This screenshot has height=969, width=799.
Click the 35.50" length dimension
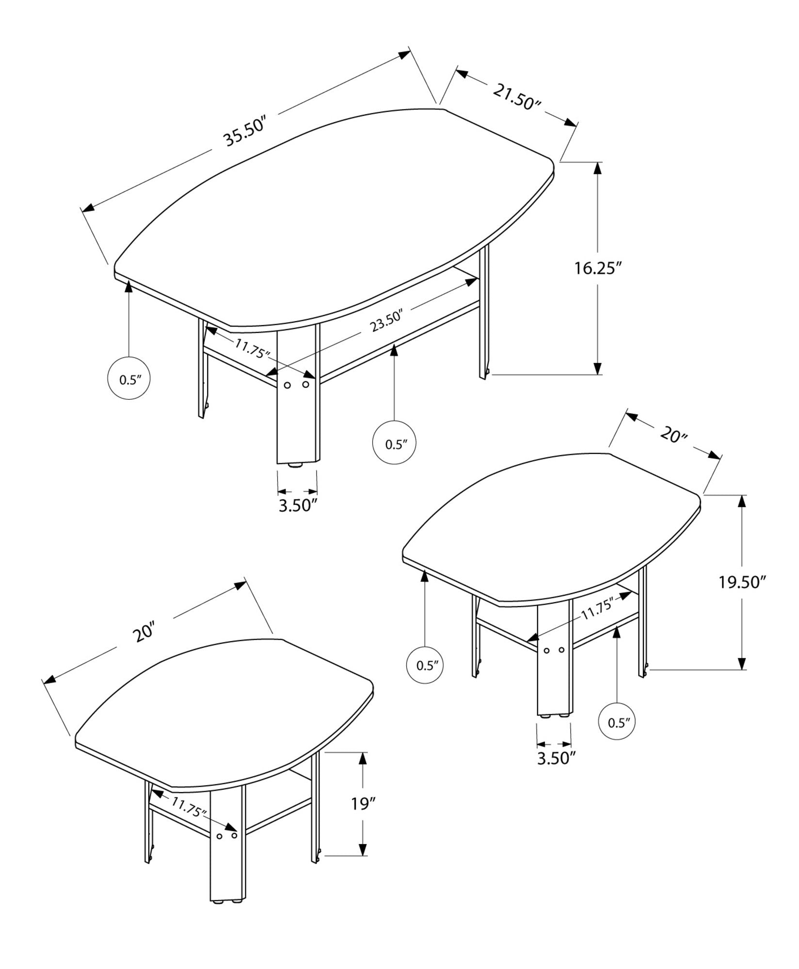tap(245, 131)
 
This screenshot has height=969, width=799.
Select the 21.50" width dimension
tap(517, 96)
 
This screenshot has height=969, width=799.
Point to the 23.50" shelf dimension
tap(387, 322)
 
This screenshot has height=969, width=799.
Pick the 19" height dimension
tap(364, 805)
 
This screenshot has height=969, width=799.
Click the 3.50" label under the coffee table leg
tap(298, 505)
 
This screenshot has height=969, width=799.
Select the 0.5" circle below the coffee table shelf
tap(394, 444)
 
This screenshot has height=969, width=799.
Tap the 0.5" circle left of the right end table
tap(424, 665)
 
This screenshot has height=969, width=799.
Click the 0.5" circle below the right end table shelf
tap(617, 737)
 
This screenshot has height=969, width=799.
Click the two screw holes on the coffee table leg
tap(296, 385)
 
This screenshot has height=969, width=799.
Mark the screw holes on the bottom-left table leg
tap(226, 836)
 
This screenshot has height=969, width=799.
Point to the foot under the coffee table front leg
tap(296, 466)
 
